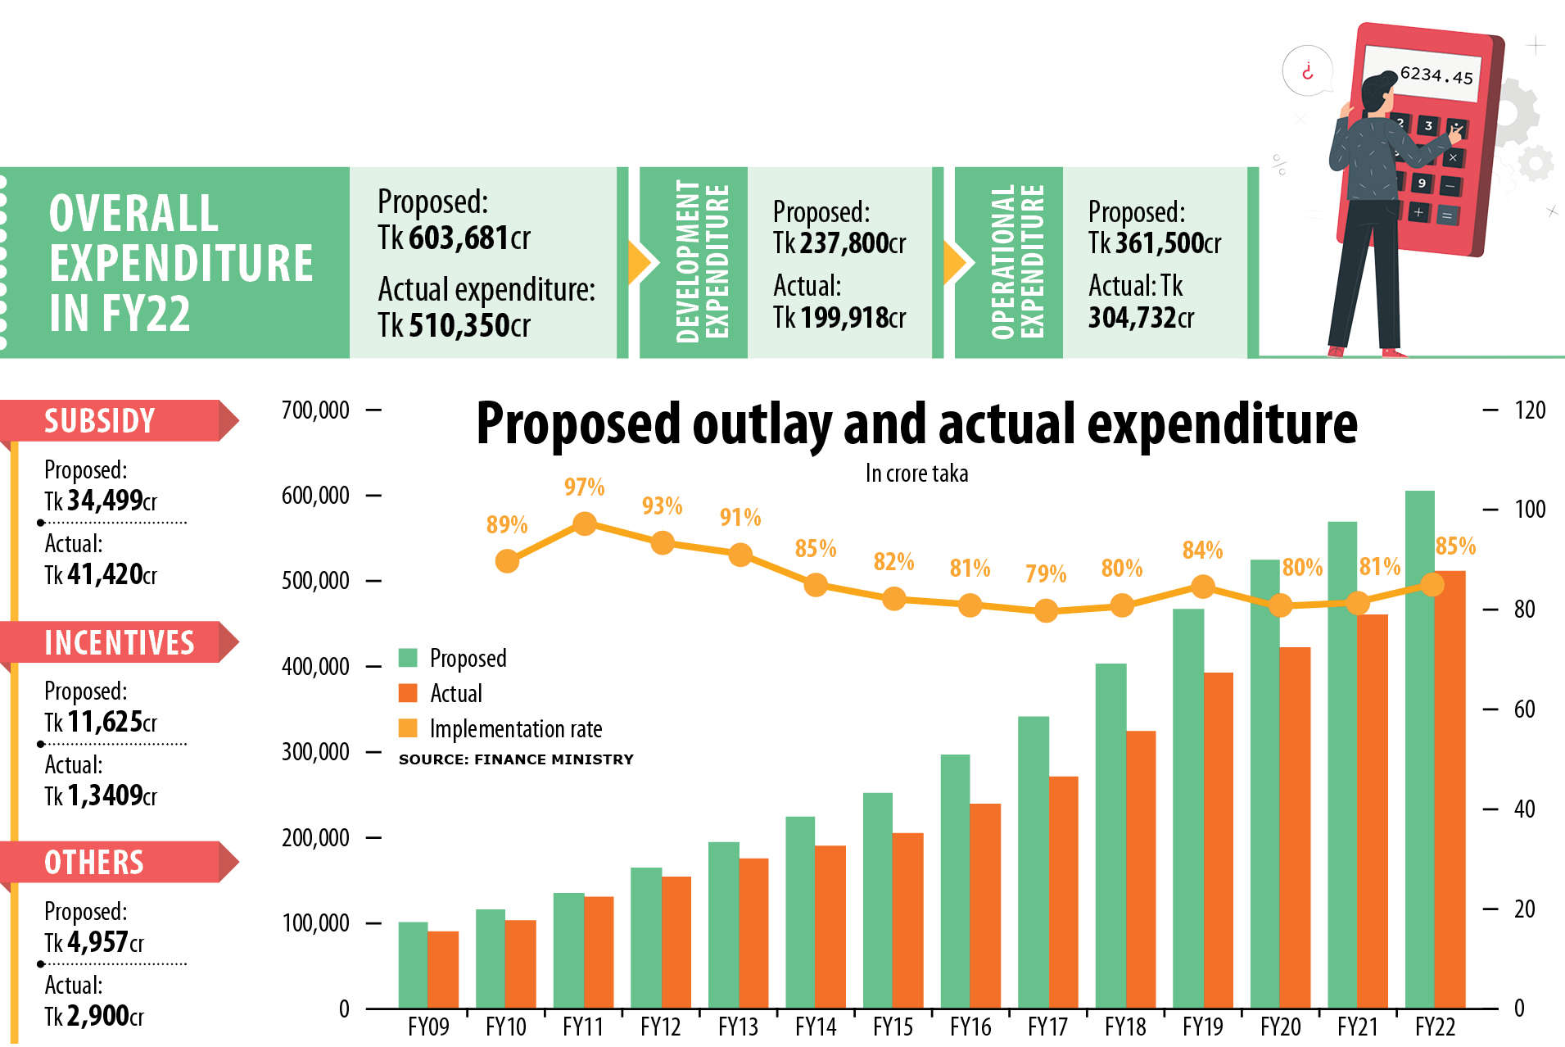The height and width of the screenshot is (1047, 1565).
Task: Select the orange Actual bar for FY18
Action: (x=1141, y=868)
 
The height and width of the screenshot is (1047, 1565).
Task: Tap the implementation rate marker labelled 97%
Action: (x=584, y=523)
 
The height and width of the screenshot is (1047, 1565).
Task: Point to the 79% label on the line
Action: (x=1046, y=573)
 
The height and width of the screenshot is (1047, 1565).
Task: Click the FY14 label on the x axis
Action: (x=816, y=1027)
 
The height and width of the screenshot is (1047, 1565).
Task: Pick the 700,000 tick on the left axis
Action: (x=315, y=410)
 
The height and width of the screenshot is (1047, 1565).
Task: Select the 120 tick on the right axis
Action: (x=1530, y=410)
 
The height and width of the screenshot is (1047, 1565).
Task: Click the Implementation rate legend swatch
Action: (x=408, y=728)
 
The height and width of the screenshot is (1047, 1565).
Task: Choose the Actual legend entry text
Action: (x=456, y=693)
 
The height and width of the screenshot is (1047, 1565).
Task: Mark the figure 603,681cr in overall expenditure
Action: (x=469, y=238)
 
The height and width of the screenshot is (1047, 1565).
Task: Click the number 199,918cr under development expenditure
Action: (x=853, y=317)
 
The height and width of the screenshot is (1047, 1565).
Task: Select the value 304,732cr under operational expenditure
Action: (x=1141, y=317)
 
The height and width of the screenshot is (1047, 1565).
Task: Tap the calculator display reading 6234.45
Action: (x=1435, y=75)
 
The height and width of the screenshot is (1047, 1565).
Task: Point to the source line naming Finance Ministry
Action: (x=516, y=759)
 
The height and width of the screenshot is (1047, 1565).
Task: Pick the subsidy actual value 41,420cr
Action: (x=111, y=574)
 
